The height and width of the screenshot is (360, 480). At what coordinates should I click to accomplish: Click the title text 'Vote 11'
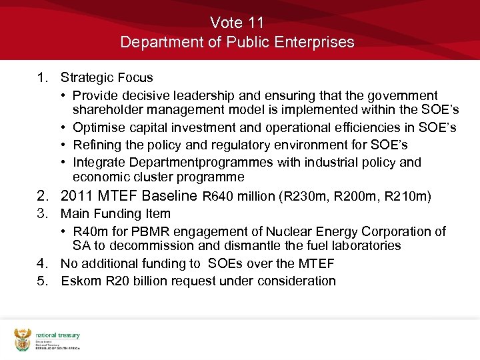click(237, 23)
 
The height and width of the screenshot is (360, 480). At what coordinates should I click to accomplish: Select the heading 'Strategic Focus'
click(107, 78)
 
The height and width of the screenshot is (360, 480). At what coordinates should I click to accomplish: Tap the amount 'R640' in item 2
click(217, 197)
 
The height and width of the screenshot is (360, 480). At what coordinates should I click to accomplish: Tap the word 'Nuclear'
click(289, 231)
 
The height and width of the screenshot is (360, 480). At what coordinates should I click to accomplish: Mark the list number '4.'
click(43, 263)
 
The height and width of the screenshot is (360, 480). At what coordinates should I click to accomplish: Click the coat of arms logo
click(23, 339)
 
